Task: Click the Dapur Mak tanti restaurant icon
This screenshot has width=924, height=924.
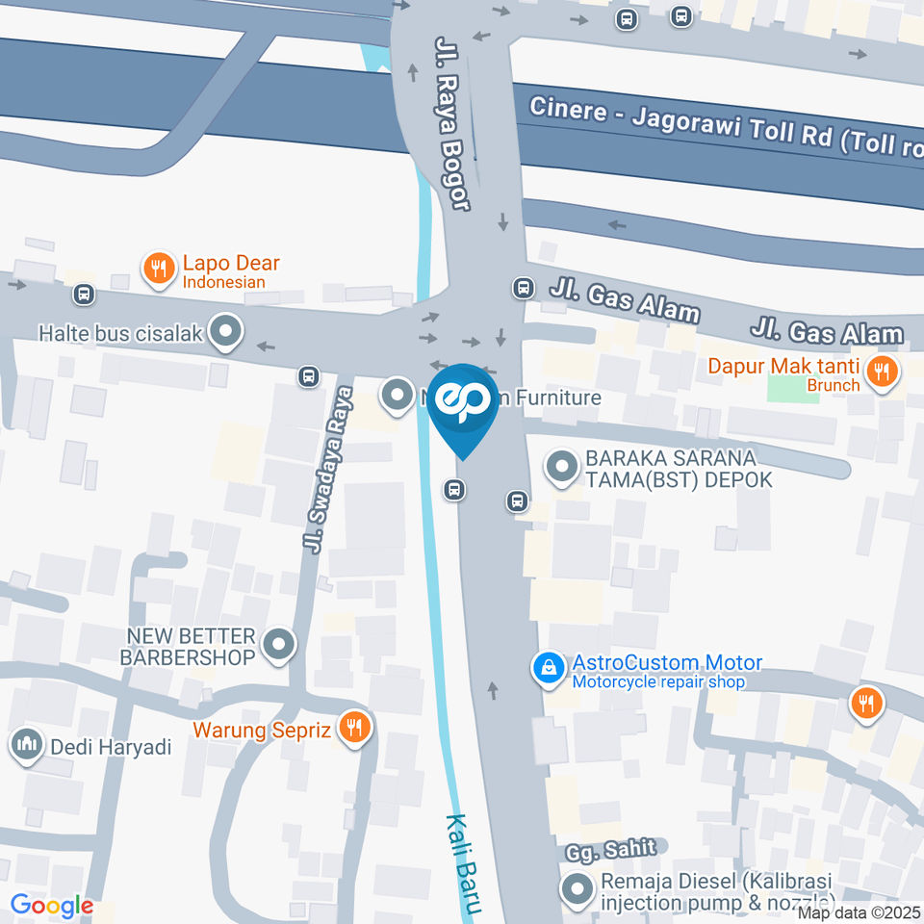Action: pos(880,370)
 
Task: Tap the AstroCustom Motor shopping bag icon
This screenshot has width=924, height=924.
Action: pos(549,669)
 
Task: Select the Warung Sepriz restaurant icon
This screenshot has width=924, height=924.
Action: pos(355,729)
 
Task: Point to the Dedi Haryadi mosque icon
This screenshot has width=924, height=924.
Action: pos(26,745)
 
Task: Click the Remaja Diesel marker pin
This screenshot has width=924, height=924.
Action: pos(577,890)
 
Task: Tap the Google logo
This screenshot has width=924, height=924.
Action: pos(52,906)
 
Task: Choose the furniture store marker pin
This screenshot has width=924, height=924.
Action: pos(396,395)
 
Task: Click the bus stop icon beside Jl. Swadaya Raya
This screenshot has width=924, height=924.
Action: pos(308,375)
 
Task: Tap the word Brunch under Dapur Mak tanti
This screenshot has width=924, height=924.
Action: pos(834,386)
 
